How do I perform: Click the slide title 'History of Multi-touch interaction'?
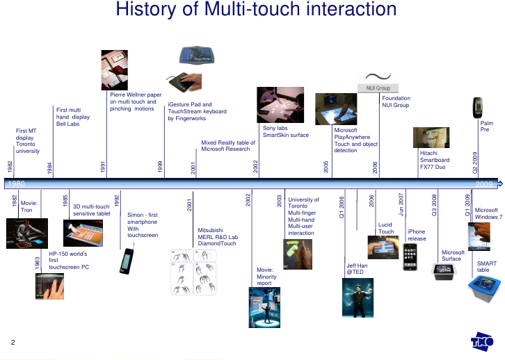tap(256, 10)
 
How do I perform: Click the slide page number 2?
tap(13, 342)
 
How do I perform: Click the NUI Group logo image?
tap(378, 82)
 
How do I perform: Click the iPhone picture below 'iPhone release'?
tap(411, 256)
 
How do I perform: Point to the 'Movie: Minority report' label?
tap(266, 276)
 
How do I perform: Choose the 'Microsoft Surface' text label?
tap(453, 256)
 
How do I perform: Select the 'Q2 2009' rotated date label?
tap(476, 162)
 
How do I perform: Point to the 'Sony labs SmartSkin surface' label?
tap(285, 131)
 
